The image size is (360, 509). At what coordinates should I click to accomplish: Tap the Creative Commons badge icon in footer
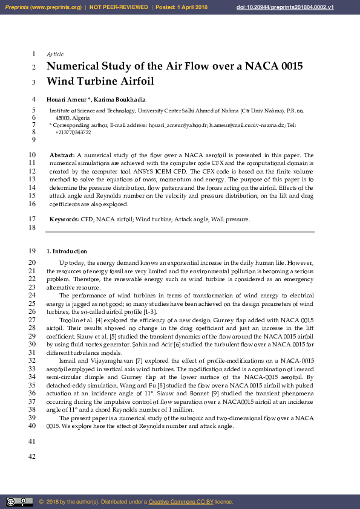(x=19, y=502)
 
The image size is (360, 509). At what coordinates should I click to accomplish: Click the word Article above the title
(x=55, y=54)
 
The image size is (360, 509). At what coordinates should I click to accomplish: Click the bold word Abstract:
(x=62, y=155)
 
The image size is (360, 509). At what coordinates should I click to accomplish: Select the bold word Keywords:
(x=64, y=219)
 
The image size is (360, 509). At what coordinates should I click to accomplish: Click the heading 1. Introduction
(x=67, y=251)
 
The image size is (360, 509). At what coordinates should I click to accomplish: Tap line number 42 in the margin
(x=33, y=456)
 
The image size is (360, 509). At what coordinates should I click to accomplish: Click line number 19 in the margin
(x=33, y=251)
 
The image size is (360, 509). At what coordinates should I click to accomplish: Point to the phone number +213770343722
(x=73, y=132)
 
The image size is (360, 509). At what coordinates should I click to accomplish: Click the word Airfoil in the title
(x=133, y=82)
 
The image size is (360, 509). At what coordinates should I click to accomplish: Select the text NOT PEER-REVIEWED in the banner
(x=119, y=7)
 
